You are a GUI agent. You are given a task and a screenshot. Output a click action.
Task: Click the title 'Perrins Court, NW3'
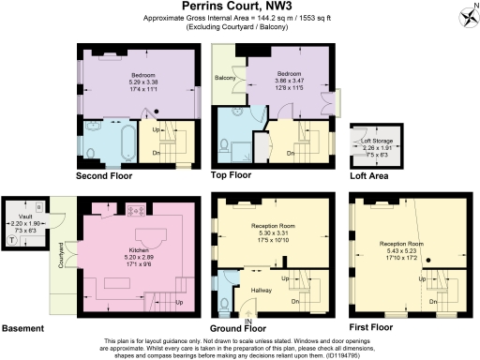(240, 8)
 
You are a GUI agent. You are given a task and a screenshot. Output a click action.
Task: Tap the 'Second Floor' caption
(108, 175)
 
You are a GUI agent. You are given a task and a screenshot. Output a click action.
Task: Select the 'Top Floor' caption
(232, 175)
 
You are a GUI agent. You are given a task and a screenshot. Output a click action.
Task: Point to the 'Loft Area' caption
(368, 175)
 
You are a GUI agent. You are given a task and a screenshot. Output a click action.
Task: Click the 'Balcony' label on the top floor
(226, 78)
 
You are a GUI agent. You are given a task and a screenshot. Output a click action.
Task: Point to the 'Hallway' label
(261, 290)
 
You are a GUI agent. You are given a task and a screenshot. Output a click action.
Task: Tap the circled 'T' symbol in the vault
(11, 239)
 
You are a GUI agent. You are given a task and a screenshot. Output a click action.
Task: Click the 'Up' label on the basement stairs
(175, 302)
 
